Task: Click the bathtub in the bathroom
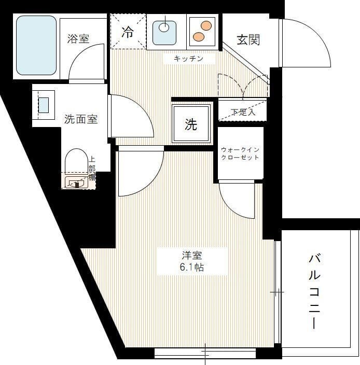(x=36, y=45)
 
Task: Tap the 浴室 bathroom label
(x=78, y=39)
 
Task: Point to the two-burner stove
(x=202, y=31)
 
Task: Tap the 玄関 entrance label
(x=248, y=40)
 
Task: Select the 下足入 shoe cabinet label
(x=242, y=111)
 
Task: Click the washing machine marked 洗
(x=191, y=124)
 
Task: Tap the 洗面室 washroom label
(x=81, y=119)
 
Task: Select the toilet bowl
(x=77, y=161)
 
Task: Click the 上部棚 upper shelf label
(x=92, y=169)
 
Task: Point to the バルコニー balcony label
(x=314, y=291)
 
